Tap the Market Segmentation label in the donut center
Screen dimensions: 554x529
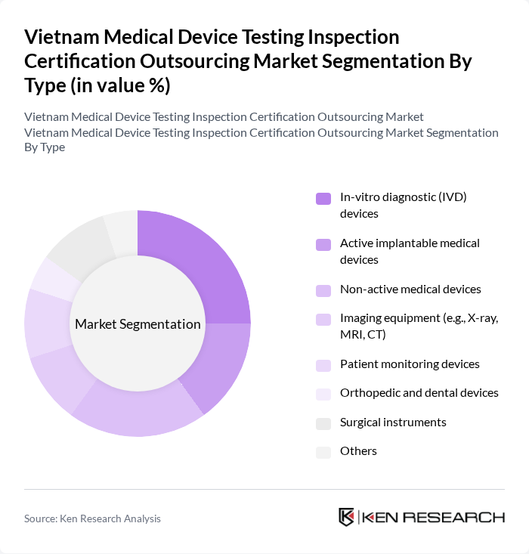(138, 324)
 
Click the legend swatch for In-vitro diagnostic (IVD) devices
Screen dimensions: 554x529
(323, 199)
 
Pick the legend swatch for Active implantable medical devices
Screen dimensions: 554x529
(323, 245)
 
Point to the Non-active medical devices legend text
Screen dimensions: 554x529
(410, 289)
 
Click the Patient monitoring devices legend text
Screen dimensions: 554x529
(410, 364)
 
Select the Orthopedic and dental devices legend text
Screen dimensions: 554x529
(419, 392)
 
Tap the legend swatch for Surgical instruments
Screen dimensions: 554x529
(323, 423)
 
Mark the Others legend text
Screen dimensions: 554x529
(358, 450)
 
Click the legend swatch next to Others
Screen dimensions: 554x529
(323, 452)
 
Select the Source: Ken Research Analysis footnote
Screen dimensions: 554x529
(92, 518)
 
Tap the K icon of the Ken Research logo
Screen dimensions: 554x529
(347, 517)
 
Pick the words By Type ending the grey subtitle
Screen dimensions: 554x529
(45, 147)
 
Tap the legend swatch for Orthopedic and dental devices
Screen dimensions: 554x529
(323, 394)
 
